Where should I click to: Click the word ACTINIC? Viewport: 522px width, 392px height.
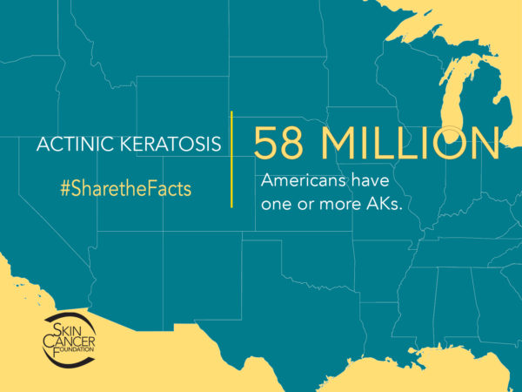(70, 144)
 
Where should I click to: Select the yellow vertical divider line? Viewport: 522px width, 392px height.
(232, 159)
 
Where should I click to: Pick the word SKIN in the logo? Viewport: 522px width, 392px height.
(69, 323)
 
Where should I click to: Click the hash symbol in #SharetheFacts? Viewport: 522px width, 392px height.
(65, 188)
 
